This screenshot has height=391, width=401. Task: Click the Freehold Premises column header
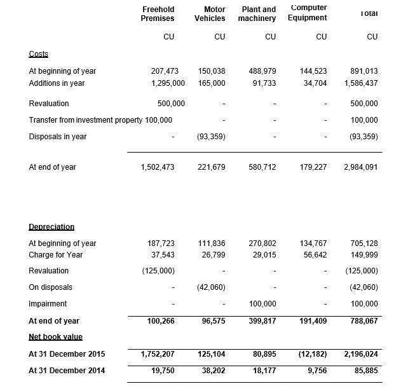(x=158, y=14)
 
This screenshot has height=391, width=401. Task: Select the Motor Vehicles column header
(x=210, y=14)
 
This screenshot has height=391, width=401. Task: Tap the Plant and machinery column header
(x=257, y=14)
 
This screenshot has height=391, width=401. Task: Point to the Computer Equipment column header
(x=308, y=13)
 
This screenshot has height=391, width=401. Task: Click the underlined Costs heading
(x=39, y=54)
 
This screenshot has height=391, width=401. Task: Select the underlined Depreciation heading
(x=51, y=226)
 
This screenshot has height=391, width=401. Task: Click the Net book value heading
(x=55, y=336)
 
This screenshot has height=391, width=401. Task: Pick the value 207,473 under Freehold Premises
(x=161, y=71)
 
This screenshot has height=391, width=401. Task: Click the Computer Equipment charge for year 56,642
(x=313, y=255)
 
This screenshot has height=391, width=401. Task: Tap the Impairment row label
(x=48, y=304)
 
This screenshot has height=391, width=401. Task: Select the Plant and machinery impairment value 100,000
(x=262, y=304)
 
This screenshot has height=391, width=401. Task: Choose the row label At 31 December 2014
(x=67, y=371)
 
